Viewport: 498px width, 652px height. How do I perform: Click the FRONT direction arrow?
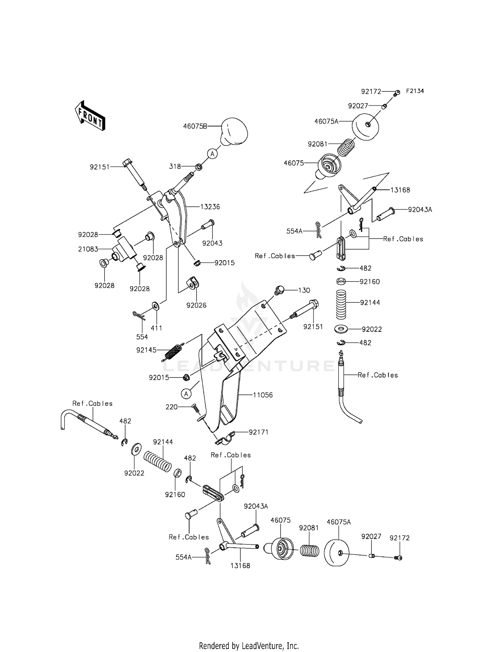click(90, 115)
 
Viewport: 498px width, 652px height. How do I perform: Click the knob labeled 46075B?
click(234, 132)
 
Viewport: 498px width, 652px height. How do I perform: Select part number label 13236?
click(210, 207)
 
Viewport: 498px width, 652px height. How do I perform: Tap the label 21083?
click(88, 249)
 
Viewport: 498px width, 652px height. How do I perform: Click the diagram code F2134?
click(415, 91)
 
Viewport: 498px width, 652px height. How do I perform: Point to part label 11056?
click(263, 395)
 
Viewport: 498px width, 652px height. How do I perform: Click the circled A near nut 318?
click(212, 154)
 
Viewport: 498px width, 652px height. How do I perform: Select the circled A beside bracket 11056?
click(186, 394)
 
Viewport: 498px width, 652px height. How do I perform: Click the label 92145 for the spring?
click(146, 350)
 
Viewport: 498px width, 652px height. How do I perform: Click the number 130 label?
click(304, 290)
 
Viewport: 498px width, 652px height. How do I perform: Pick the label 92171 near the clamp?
click(259, 432)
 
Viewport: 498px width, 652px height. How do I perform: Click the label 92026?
click(196, 305)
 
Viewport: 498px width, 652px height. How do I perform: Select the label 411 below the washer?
click(156, 328)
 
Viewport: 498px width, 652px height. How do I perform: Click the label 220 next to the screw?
click(172, 407)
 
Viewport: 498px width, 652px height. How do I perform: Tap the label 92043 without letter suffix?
click(212, 243)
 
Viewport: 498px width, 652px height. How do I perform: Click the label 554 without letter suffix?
click(142, 337)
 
